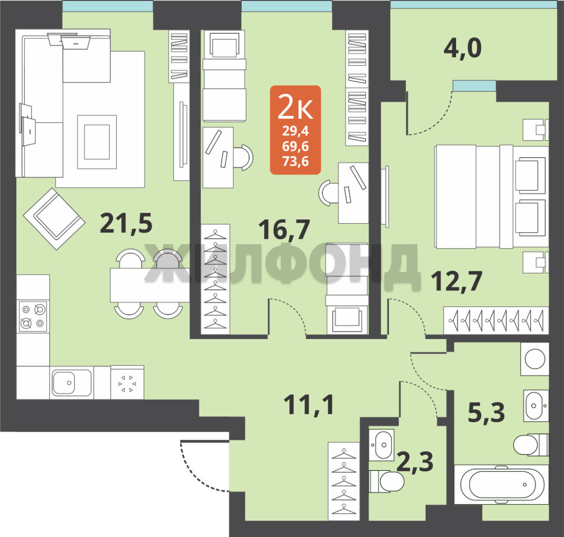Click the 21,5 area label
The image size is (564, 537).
(x=126, y=223)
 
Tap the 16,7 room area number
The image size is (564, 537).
(x=284, y=230)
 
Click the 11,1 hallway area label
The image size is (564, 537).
(x=309, y=405)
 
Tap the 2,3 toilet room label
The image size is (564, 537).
(x=415, y=461)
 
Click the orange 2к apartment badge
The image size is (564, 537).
(x=295, y=130)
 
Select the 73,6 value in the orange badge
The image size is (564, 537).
(x=295, y=162)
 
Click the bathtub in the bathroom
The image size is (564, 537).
(x=501, y=484)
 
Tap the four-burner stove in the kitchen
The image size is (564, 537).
(x=33, y=317)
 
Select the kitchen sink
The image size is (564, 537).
(x=72, y=383)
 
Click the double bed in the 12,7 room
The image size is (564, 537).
(x=491, y=196)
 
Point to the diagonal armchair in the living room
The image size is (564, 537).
(x=54, y=219)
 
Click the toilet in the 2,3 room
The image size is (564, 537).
(x=386, y=481)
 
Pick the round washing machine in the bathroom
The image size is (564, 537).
(x=535, y=358)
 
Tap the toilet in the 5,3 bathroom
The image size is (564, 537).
(x=531, y=445)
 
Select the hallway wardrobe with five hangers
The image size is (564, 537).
(x=344, y=481)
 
